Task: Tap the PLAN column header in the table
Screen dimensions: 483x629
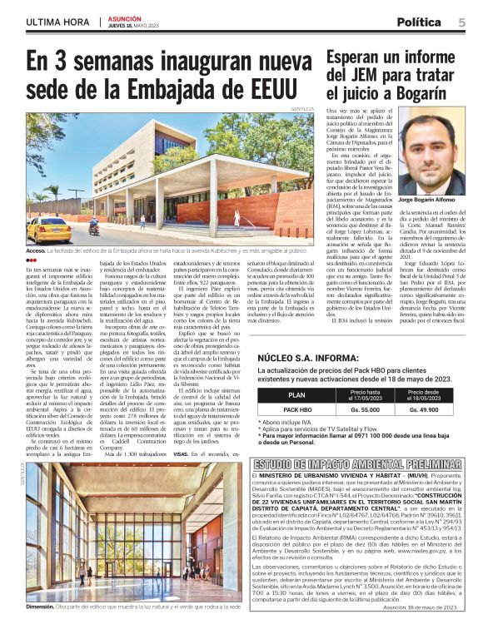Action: (296, 396)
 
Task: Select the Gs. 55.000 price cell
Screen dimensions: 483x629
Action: (366, 410)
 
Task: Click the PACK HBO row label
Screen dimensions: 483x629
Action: (297, 410)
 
